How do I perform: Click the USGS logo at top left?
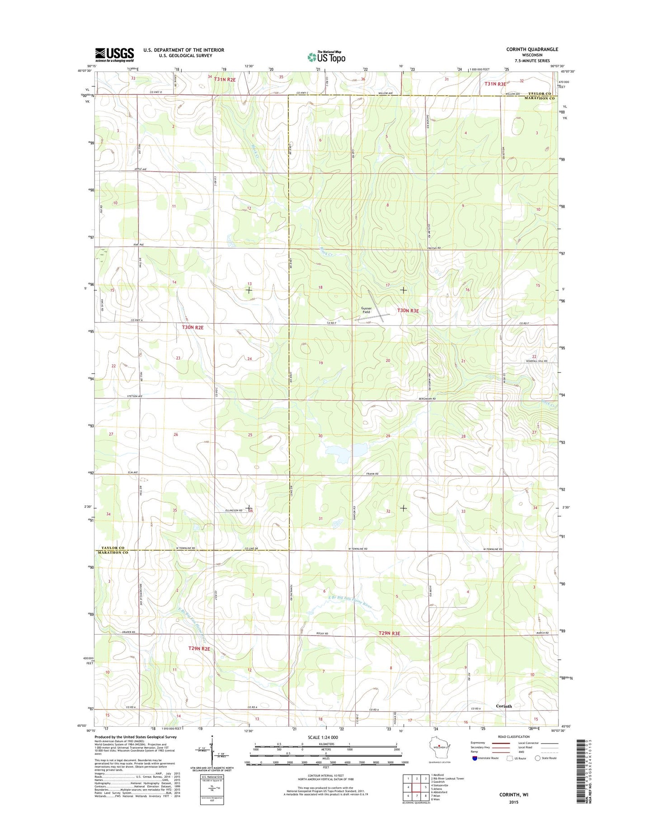tap(114, 55)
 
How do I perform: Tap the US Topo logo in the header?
tap(326, 57)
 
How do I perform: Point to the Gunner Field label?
tap(366, 310)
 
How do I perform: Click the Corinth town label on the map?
tap(504, 706)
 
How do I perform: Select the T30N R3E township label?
tap(408, 311)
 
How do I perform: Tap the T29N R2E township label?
tap(199, 648)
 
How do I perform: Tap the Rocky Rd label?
tap(321, 634)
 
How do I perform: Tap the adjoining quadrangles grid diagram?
tap(416, 787)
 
